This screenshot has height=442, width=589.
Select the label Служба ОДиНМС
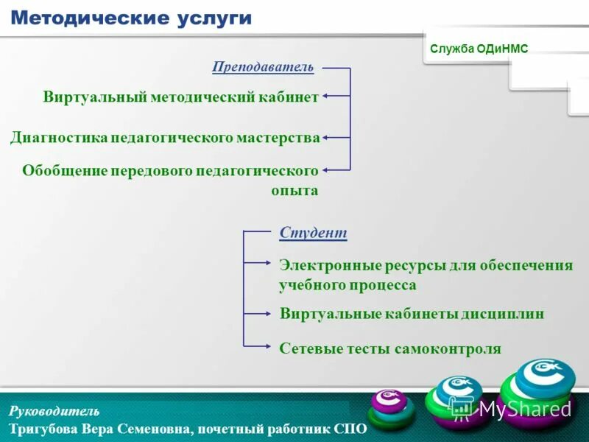(x=479, y=49)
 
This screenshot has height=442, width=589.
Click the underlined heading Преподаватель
(x=263, y=67)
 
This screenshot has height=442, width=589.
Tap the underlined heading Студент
(x=313, y=233)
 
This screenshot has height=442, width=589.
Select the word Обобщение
(x=65, y=170)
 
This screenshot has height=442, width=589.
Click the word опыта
(x=294, y=190)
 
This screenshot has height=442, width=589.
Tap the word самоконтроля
(x=445, y=348)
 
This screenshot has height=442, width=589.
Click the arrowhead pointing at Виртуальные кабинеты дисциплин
(x=269, y=313)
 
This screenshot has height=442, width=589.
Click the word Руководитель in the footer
(x=54, y=411)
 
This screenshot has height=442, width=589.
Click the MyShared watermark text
(x=524, y=410)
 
